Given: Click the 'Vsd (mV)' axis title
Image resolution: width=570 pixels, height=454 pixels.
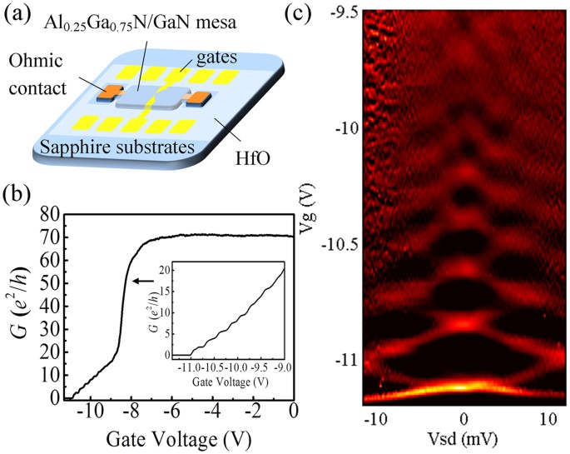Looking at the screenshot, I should [462, 439].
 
